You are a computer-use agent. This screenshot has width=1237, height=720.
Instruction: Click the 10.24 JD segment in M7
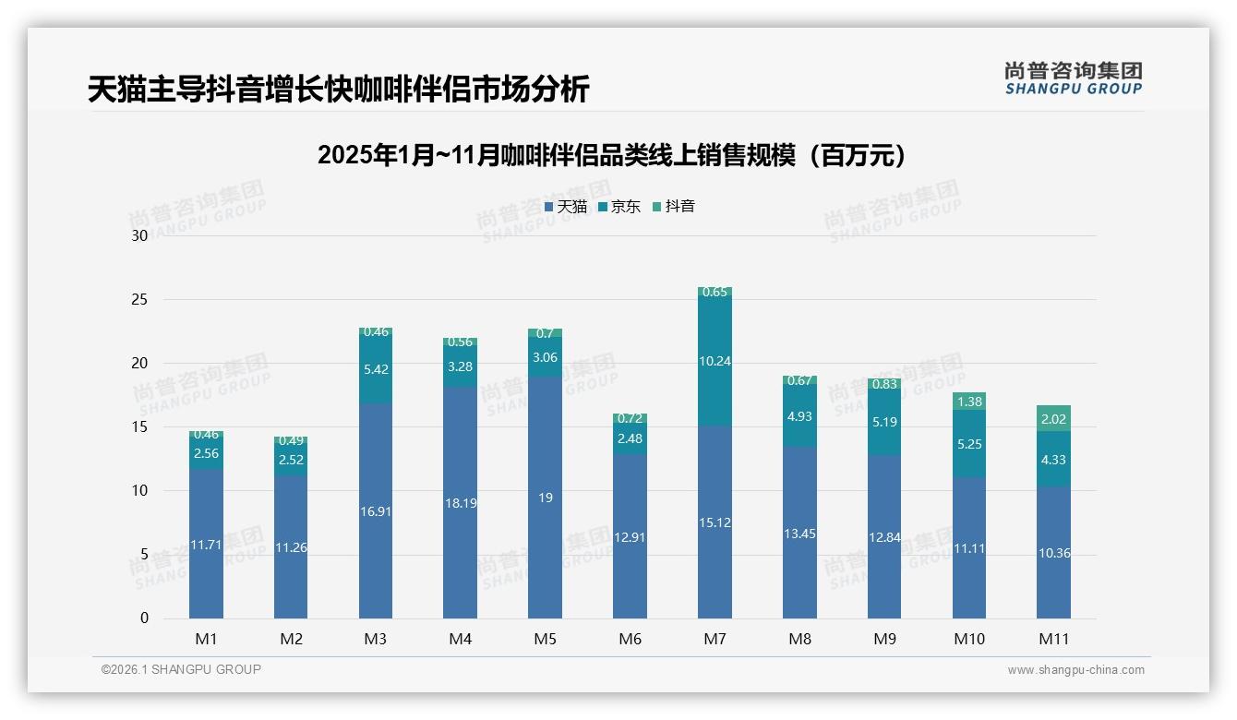point(715,361)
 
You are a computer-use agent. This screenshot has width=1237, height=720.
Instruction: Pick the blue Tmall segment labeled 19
point(546,498)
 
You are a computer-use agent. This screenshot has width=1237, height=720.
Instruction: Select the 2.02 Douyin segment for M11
point(1053,418)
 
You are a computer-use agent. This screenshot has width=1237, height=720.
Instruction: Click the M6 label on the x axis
point(631,639)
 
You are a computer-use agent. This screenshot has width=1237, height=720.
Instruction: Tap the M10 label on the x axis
point(969,639)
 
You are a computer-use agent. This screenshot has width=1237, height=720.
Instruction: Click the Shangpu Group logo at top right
point(1073,78)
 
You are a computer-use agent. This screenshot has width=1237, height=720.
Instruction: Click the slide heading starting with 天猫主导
point(338,90)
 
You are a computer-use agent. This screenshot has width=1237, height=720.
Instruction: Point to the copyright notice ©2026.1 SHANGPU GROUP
point(181,669)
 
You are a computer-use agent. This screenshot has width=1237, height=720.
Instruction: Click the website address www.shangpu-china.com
point(1075,670)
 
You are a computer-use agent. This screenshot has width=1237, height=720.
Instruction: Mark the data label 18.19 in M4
point(461,504)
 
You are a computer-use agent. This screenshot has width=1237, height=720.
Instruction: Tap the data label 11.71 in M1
point(206,545)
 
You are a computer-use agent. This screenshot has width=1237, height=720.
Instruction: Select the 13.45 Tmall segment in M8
point(799,533)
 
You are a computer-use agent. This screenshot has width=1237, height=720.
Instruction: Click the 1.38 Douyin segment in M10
point(969,402)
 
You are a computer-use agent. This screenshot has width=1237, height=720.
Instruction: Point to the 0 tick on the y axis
point(144,618)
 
